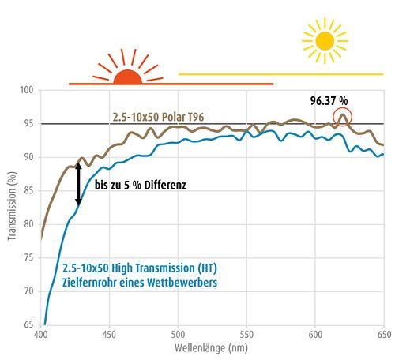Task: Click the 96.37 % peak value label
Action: pyautogui.click(x=329, y=101)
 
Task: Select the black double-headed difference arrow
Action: pyautogui.click(x=78, y=184)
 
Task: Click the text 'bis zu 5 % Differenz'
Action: pyautogui.click(x=141, y=185)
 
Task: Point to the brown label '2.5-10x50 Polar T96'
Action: pyautogui.click(x=158, y=117)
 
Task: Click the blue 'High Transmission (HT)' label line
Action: pyautogui.click(x=140, y=268)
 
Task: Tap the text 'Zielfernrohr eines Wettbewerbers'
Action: pyautogui.click(x=140, y=283)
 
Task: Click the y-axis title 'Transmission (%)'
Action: pyautogui.click(x=12, y=206)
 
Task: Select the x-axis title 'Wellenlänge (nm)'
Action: pyautogui.click(x=211, y=348)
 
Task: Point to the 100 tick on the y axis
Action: pyautogui.click(x=27, y=90)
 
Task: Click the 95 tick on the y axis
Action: pyautogui.click(x=28, y=123)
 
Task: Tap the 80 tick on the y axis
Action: pyautogui.click(x=28, y=224)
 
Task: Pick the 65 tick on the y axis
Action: pyautogui.click(x=28, y=324)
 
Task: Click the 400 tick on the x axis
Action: pyautogui.click(x=41, y=335)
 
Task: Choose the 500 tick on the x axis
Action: pyautogui.click(x=178, y=335)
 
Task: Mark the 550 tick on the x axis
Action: pyautogui.click(x=246, y=335)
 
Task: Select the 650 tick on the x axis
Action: pyautogui.click(x=384, y=335)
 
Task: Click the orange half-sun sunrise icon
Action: pyautogui.click(x=128, y=77)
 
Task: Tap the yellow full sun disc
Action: pyautogui.click(x=325, y=41)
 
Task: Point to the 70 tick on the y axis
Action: pyautogui.click(x=28, y=291)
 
